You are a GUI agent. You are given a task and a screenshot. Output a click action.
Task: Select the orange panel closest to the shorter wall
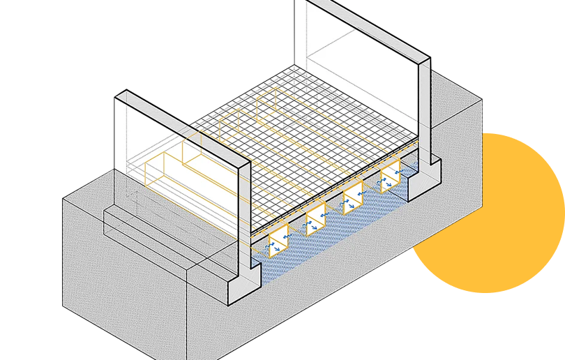[280, 241]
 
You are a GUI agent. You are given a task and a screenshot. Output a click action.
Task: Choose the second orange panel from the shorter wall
[316, 220]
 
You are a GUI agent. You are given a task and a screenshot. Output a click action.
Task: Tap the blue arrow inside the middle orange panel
[350, 202]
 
